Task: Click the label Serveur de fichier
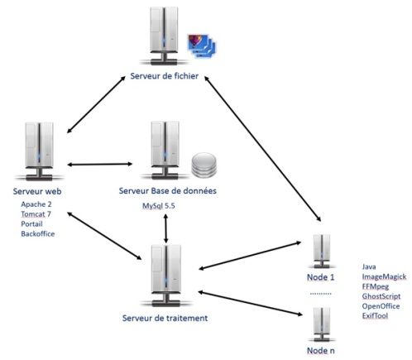pyautogui.click(x=165, y=76)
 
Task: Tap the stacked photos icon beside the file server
pyautogui.click(x=202, y=46)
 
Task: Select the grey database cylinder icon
pyautogui.click(x=204, y=165)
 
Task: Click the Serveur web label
pyautogui.click(x=37, y=191)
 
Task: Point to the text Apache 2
pyautogui.click(x=36, y=204)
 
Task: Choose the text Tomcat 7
pyautogui.click(x=36, y=214)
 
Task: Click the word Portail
pyautogui.click(x=31, y=223)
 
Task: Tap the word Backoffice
pyautogui.click(x=38, y=233)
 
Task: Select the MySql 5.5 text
pyautogui.click(x=159, y=206)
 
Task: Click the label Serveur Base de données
pyautogui.click(x=168, y=190)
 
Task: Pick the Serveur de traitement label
pyautogui.click(x=165, y=318)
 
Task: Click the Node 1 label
pyautogui.click(x=321, y=277)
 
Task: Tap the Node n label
pyautogui.click(x=321, y=351)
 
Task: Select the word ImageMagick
pyautogui.click(x=384, y=276)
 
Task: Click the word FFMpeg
pyautogui.click(x=376, y=286)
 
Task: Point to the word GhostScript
pyautogui.click(x=381, y=296)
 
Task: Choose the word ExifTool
pyautogui.click(x=375, y=316)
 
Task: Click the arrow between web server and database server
pyautogui.click(x=100, y=165)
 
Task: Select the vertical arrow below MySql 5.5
pyautogui.click(x=165, y=228)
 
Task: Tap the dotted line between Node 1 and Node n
pyautogui.click(x=320, y=294)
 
